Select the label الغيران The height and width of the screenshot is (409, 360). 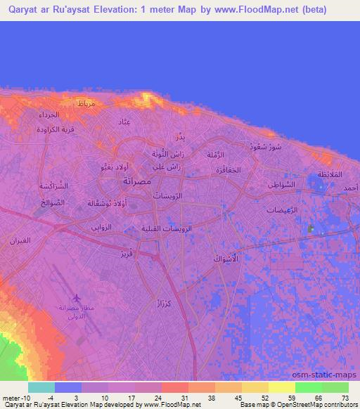[20, 241]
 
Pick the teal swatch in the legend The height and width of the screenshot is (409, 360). [41, 388]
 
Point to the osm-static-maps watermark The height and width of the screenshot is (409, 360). [330, 374]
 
